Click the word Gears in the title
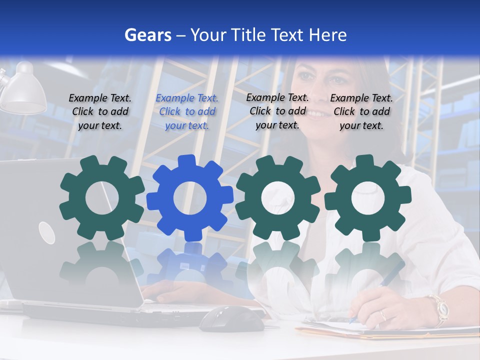(147, 35)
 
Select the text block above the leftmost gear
(100, 111)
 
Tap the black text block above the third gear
(277, 111)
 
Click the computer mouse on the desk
(232, 318)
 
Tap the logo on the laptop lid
(46, 233)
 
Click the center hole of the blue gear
(190, 198)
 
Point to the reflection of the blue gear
(190, 265)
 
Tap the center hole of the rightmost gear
(368, 198)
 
